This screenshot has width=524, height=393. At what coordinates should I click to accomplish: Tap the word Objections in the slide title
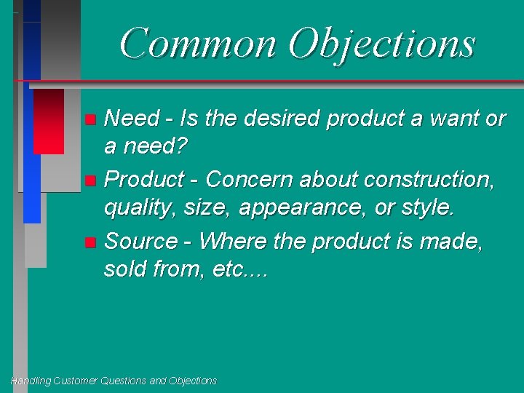[381, 44]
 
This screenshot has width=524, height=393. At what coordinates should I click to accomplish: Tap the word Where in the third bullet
[231, 240]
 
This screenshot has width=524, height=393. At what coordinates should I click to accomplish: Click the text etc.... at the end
[241, 271]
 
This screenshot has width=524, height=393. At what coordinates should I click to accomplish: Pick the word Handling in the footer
[31, 381]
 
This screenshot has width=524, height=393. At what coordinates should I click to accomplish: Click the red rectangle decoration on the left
[49, 121]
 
